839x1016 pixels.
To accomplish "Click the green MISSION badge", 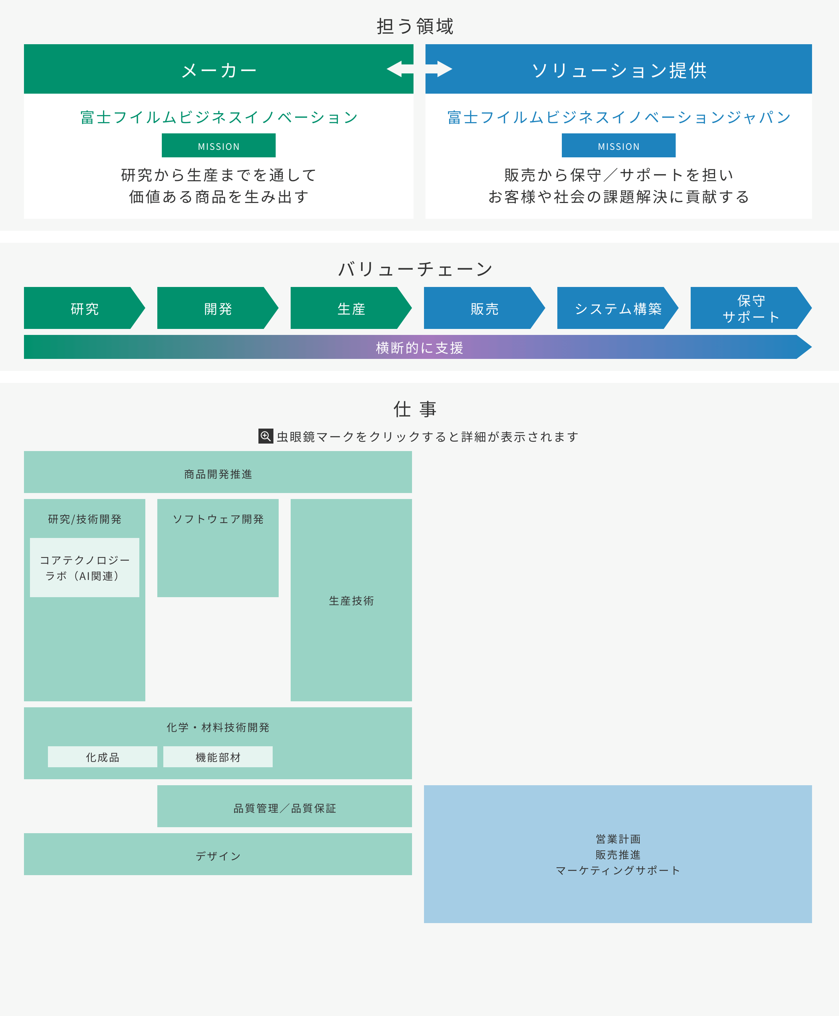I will tap(218, 145).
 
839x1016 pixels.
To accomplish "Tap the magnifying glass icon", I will tap(265, 436).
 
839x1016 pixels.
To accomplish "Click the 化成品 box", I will tap(103, 757).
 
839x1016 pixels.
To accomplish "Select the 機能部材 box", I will tap(218, 757).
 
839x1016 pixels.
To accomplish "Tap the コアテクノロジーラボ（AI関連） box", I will tap(85, 568).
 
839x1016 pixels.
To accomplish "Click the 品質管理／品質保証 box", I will tap(284, 808).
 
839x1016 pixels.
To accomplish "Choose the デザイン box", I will tap(218, 856).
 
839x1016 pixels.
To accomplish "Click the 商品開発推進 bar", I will tap(218, 474).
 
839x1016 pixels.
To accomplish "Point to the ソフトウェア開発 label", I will tap(218, 518).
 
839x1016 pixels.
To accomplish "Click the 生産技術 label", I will tap(351, 600).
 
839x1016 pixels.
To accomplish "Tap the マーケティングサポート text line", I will tap(618, 870).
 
